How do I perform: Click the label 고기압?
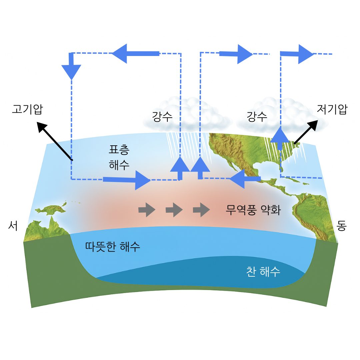[27, 109]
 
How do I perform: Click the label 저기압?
[332, 109]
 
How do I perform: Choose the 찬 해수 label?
[263, 272]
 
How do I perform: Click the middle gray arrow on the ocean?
[174, 210]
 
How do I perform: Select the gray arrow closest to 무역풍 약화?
[201, 210]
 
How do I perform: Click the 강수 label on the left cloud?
[162, 117]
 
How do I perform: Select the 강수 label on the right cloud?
[257, 117]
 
